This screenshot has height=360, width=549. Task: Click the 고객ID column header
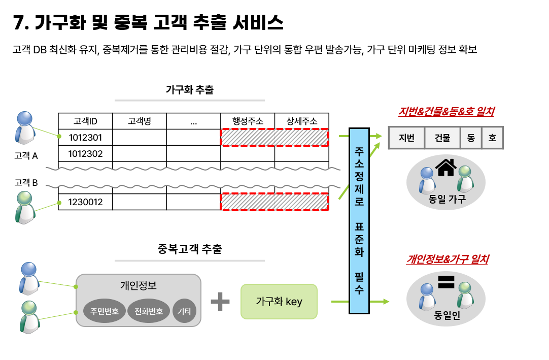[x=85, y=121]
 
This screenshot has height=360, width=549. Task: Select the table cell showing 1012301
[x=85, y=137]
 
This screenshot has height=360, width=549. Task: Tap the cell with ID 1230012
[x=85, y=202]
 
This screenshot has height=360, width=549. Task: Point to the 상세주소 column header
[x=302, y=121]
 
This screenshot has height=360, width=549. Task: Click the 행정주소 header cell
[x=248, y=121]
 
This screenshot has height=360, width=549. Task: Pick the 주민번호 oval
[x=105, y=311]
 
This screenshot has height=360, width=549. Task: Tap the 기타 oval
[x=184, y=311]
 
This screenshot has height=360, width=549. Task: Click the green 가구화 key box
[x=279, y=302]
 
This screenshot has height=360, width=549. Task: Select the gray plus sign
[x=220, y=301]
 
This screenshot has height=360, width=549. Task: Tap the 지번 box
[x=407, y=138]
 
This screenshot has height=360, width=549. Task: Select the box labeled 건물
[x=442, y=138]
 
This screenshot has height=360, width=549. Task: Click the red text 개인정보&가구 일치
[x=447, y=259]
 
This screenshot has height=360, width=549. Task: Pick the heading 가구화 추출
[x=189, y=90]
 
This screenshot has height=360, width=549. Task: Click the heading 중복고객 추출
[x=189, y=249]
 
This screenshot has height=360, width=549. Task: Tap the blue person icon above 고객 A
[x=25, y=127]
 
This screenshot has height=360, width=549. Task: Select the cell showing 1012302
[x=85, y=153]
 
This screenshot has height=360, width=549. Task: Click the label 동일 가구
[x=447, y=200]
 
